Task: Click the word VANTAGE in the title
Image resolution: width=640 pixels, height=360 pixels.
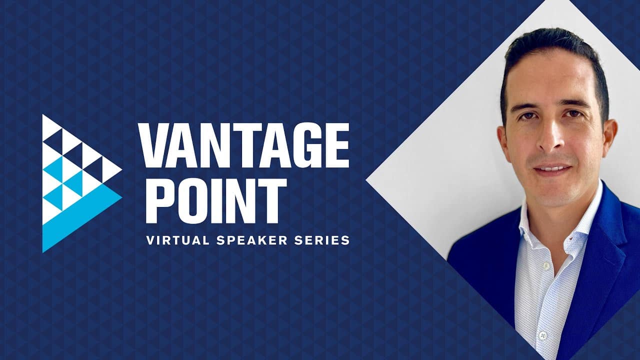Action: click(244, 145)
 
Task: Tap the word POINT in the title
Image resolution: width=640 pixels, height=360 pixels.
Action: click(216, 200)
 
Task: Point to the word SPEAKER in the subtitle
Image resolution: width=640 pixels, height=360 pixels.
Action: click(251, 240)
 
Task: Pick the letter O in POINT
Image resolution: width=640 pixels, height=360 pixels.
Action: click(196, 200)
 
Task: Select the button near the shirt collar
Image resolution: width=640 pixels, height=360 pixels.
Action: click(546, 266)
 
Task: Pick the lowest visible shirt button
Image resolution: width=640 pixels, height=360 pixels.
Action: click(543, 335)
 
